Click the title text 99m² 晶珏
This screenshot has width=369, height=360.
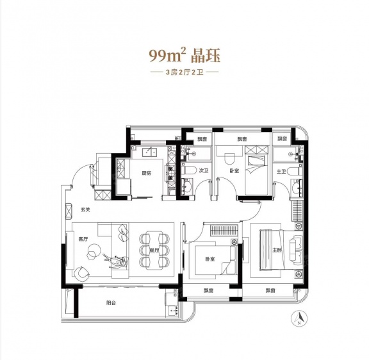184,56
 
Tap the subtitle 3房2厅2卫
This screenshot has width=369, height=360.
184,72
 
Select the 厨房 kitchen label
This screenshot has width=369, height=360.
146,174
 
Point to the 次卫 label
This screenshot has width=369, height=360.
204,170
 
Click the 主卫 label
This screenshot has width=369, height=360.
281,172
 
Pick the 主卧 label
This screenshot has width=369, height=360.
277,250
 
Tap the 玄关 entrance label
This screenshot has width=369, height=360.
86,209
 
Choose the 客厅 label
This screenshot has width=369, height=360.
83,239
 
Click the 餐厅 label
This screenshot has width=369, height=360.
154,250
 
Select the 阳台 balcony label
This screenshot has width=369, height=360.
111,303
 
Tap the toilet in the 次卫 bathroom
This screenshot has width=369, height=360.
190,170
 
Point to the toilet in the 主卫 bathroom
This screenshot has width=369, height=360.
294,171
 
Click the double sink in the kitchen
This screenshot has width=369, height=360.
149,152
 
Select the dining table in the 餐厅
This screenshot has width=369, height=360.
154,250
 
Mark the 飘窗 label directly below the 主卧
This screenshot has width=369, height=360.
270,291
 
